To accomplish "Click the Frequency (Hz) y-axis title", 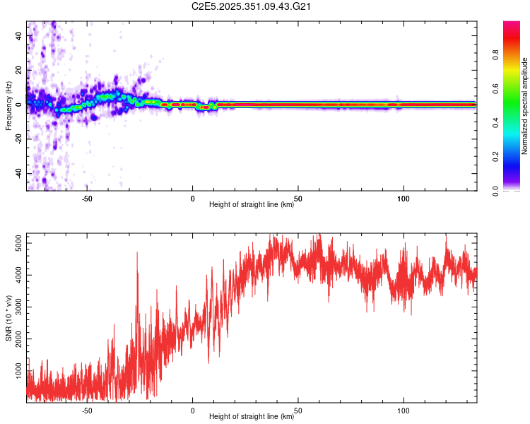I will pyautogui.click(x=8, y=106).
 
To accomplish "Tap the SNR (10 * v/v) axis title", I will pyautogui.click(x=8, y=319).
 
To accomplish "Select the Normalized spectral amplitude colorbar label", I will pyautogui.click(x=524, y=106).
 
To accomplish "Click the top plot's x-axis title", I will pyautogui.click(x=252, y=204).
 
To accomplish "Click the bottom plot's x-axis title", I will pyautogui.click(x=252, y=416).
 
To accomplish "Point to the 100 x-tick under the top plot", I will pyautogui.click(x=404, y=199).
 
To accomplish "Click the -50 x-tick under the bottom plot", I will pyautogui.click(x=87, y=410).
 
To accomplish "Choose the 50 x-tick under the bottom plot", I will pyautogui.click(x=298, y=410).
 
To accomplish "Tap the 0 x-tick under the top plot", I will pyautogui.click(x=192, y=199).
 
